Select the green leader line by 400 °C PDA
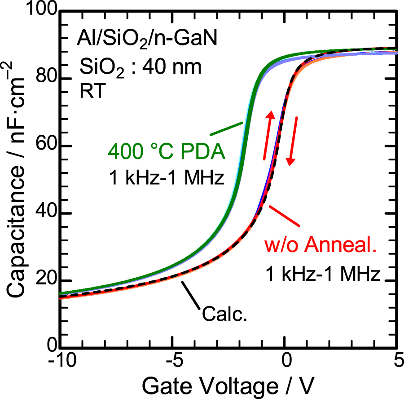coord(227,128)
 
